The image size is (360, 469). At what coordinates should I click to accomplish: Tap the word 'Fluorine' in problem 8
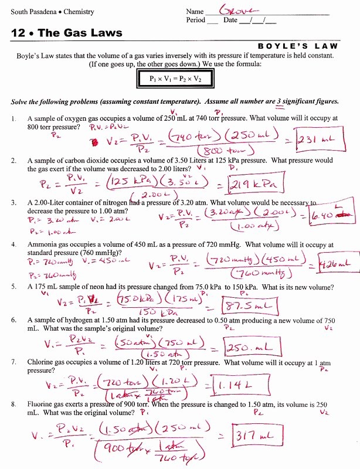[x=42, y=405]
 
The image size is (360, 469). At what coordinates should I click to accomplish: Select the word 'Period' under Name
[x=195, y=21]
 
